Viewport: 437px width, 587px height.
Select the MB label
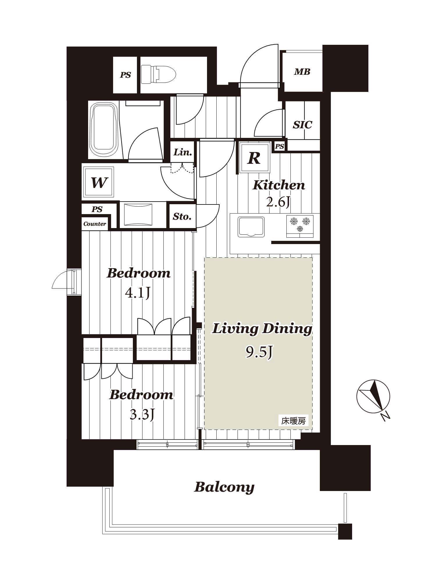pos(302,72)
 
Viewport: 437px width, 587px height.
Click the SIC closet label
pos(302,125)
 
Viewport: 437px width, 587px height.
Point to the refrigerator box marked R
pos(254,158)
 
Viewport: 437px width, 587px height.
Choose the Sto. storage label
pos(182,216)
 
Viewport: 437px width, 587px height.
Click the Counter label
pos(94,224)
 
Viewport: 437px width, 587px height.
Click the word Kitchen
pos(279,185)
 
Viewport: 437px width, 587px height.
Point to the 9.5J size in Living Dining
pos(259,353)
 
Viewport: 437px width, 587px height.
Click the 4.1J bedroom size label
pos(138,293)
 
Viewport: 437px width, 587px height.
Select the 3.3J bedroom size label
pos(142,415)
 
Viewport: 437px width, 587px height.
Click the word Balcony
pos(224,487)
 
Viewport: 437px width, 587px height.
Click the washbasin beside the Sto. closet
pos(138,215)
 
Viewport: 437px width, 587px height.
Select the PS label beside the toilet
pos(126,75)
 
